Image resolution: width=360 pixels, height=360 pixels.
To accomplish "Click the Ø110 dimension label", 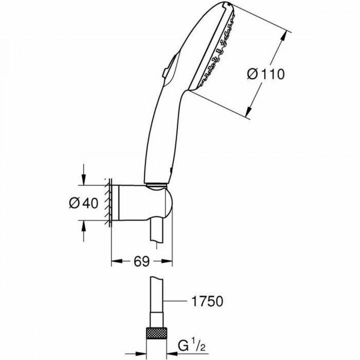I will pos(266,74).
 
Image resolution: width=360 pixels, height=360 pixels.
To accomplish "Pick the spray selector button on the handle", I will pos(167,67).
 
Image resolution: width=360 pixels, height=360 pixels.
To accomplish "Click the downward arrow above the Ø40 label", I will pos(84,180).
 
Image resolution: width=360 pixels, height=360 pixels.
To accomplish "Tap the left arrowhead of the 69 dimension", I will pos(113,260).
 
